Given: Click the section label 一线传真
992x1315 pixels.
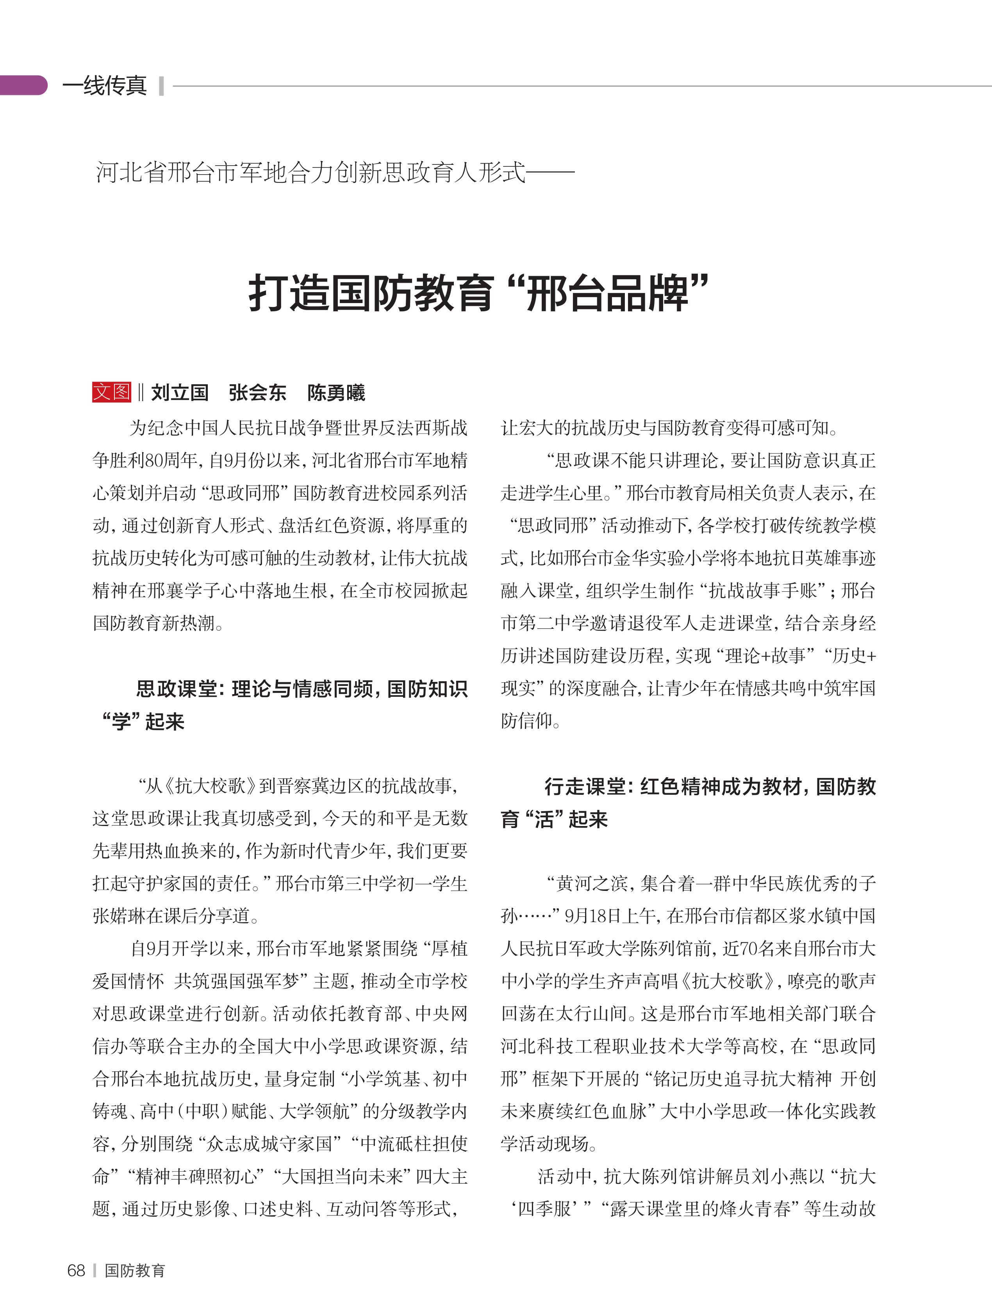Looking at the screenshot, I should point(105,86).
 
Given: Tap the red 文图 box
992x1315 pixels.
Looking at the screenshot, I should point(111,392).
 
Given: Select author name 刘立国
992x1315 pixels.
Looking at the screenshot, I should point(180,393).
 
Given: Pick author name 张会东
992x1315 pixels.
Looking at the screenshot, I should point(257,393).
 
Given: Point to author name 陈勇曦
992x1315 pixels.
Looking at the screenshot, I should point(336,393).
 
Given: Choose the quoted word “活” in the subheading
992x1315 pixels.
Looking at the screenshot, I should point(544,819).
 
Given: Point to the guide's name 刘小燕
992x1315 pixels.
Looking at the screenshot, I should point(789,1176).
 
